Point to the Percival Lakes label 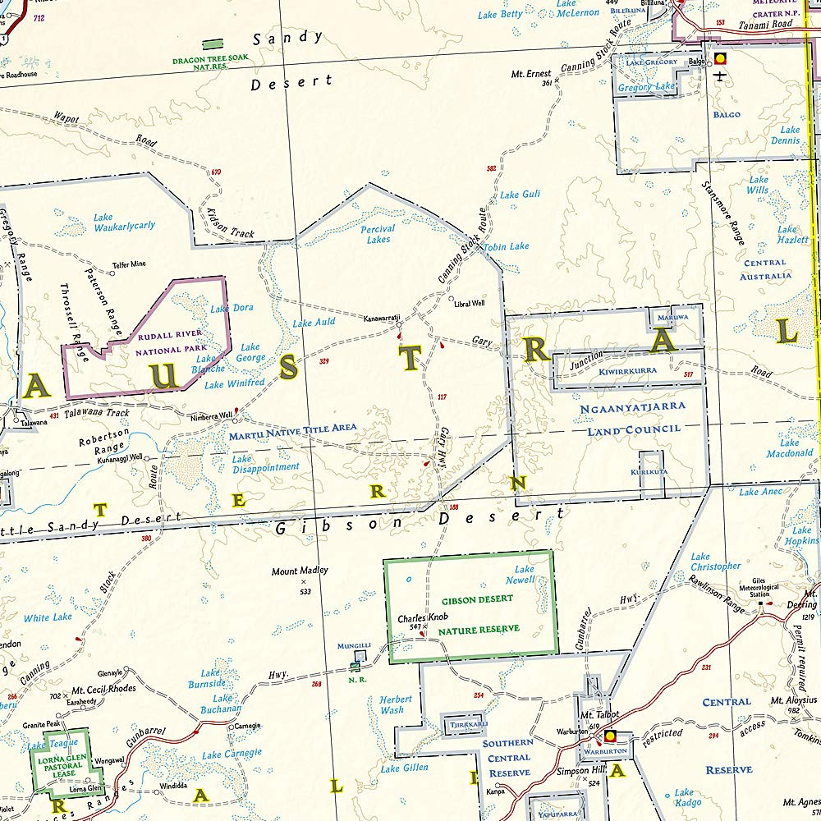[378, 234]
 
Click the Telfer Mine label [129, 264]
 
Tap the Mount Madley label [300, 571]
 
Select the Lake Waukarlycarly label [124, 222]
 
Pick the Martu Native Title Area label [293, 428]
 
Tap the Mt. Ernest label [531, 74]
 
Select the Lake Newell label [524, 574]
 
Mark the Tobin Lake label [506, 246]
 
